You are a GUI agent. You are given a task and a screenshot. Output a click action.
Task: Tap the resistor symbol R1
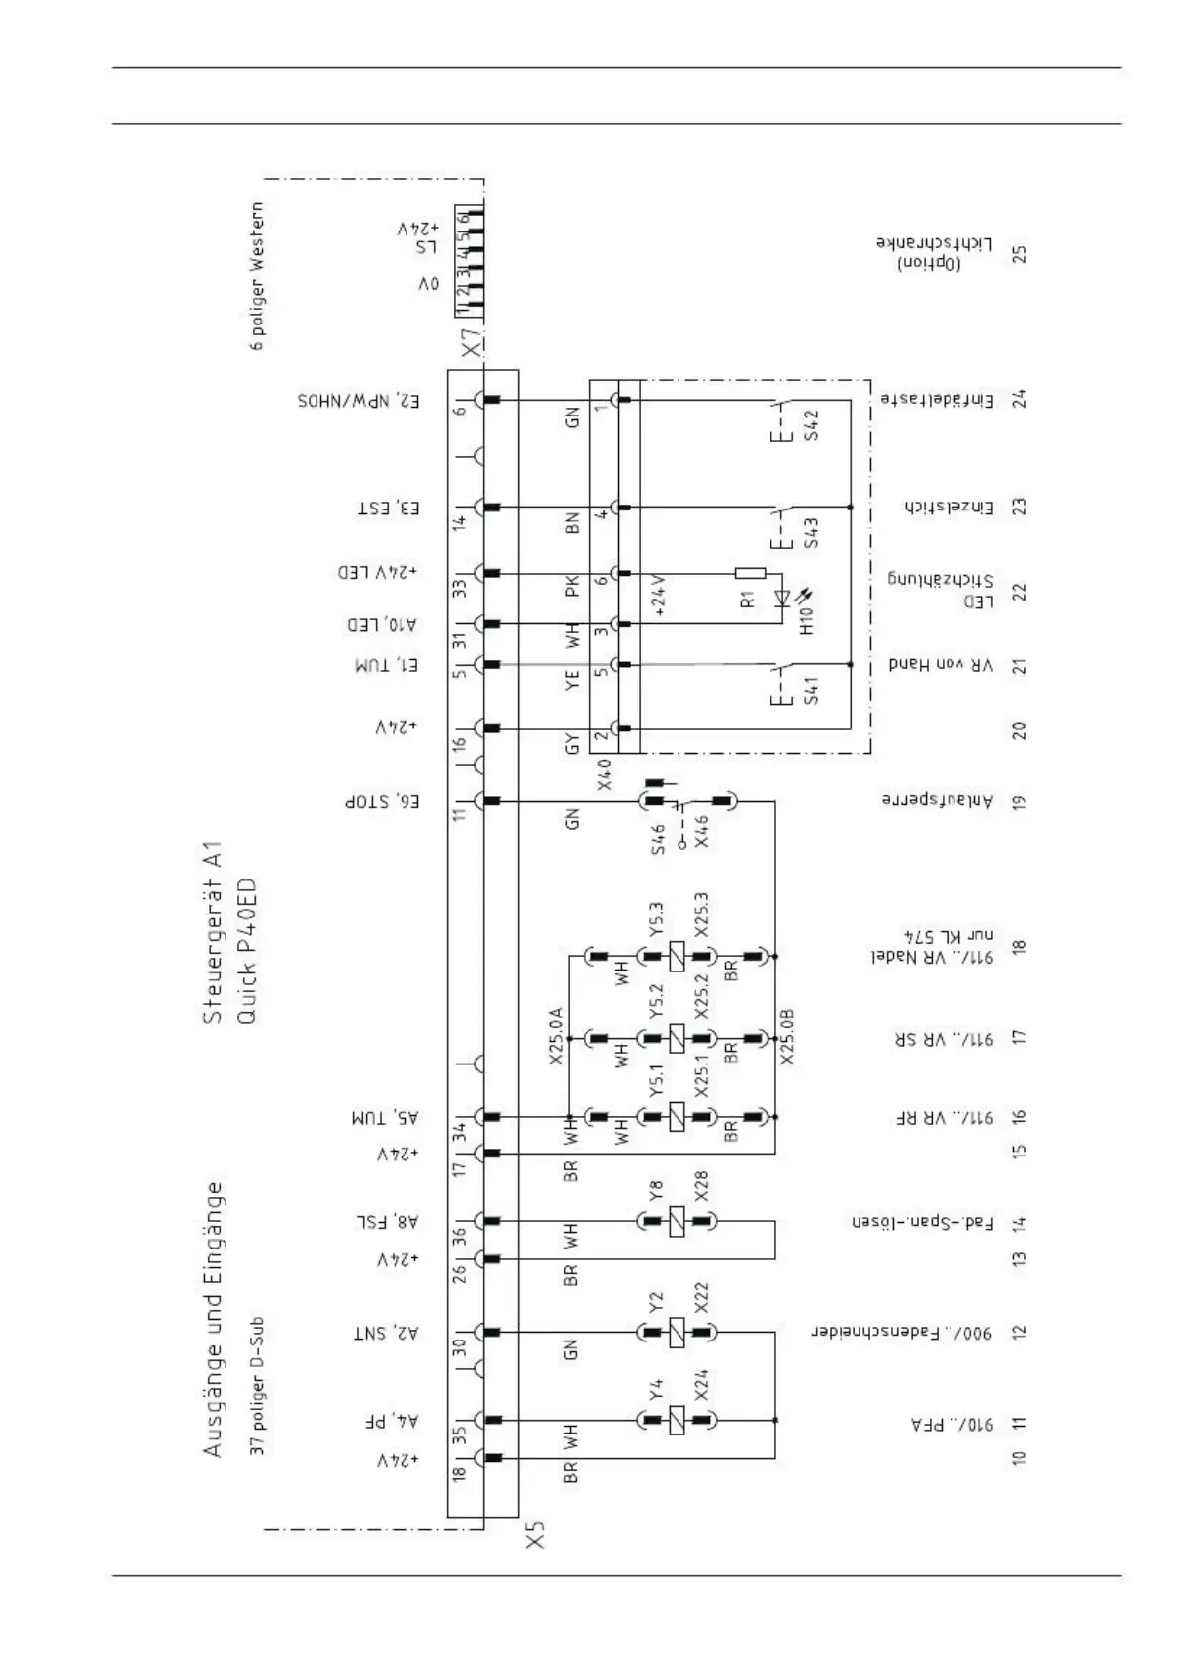tap(751, 573)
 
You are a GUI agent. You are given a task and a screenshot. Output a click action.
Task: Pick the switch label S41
tap(811, 690)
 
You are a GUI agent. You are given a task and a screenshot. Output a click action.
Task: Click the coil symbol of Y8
tap(677, 1222)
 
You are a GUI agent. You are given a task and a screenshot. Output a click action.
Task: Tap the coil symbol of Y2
tap(677, 1332)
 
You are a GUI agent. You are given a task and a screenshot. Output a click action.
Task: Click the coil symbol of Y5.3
tap(677, 957)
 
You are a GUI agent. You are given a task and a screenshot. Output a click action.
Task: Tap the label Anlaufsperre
tap(937, 800)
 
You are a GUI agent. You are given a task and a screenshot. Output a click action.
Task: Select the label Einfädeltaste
tap(937, 399)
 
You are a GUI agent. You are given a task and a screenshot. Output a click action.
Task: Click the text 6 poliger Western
tap(257, 276)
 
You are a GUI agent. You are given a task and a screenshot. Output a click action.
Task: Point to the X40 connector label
tap(605, 774)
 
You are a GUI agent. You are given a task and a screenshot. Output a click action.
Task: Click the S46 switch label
tap(658, 838)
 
